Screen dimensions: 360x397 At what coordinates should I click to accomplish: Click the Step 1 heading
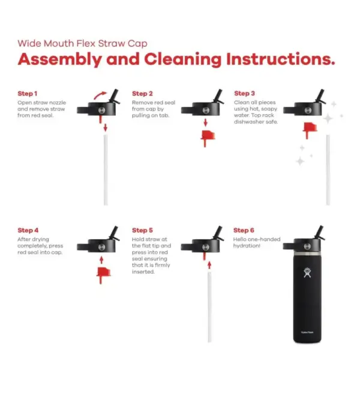pyautogui.click(x=28, y=94)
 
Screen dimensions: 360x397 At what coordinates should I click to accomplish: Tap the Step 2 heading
pyautogui.click(x=142, y=94)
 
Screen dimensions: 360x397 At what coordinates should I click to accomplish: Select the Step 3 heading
pyautogui.click(x=244, y=94)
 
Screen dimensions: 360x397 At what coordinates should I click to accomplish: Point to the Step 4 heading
pyautogui.click(x=28, y=231)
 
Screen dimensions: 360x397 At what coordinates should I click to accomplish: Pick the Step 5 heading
pyautogui.click(x=142, y=231)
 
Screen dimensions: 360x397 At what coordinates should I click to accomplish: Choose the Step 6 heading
pyautogui.click(x=244, y=231)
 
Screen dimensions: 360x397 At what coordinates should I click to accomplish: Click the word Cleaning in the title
pyautogui.click(x=182, y=59)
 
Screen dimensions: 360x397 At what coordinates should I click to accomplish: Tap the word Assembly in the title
pyautogui.click(x=60, y=59)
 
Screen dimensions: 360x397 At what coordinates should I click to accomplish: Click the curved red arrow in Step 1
pyautogui.click(x=100, y=95)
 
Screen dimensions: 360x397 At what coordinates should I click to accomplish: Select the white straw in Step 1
pyautogui.click(x=106, y=169)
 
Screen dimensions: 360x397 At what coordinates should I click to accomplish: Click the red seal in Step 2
pyautogui.click(x=208, y=138)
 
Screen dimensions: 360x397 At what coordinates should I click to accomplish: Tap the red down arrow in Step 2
pyautogui.click(x=205, y=123)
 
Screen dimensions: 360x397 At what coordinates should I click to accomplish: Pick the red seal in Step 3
pyautogui.click(x=310, y=130)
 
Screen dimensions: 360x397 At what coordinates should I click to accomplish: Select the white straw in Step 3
pyautogui.click(x=328, y=169)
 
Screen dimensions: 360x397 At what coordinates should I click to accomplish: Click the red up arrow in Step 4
pyautogui.click(x=101, y=260)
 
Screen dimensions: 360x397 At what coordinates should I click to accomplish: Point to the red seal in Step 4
pyautogui.click(x=103, y=275)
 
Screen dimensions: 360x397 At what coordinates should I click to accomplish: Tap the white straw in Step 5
pyautogui.click(x=209, y=307)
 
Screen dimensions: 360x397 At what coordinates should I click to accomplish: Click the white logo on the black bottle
pyautogui.click(x=307, y=273)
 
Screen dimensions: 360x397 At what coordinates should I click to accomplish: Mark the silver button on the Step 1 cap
pyautogui.click(x=102, y=110)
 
